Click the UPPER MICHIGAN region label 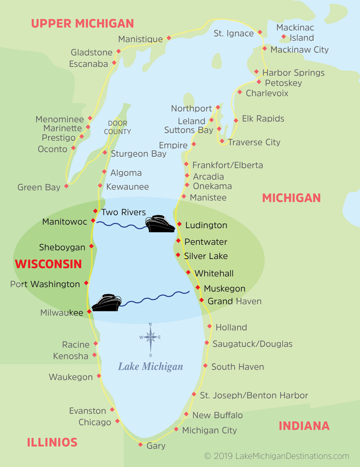(82, 23)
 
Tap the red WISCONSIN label (49, 264)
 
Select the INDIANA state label (304, 426)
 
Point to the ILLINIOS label (52, 442)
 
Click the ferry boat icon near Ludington (160, 224)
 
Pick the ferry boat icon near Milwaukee (107, 303)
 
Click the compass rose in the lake (150, 337)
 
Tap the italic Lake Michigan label (150, 367)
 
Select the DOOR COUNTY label (117, 128)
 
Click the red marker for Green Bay (67, 186)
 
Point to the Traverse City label (254, 142)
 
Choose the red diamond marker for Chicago (117, 422)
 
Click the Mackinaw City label (299, 49)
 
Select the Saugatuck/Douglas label (252, 344)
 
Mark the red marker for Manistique (169, 38)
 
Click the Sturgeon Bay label (139, 153)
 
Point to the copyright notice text (276, 456)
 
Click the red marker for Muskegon (198, 287)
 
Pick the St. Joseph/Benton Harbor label (254, 395)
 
